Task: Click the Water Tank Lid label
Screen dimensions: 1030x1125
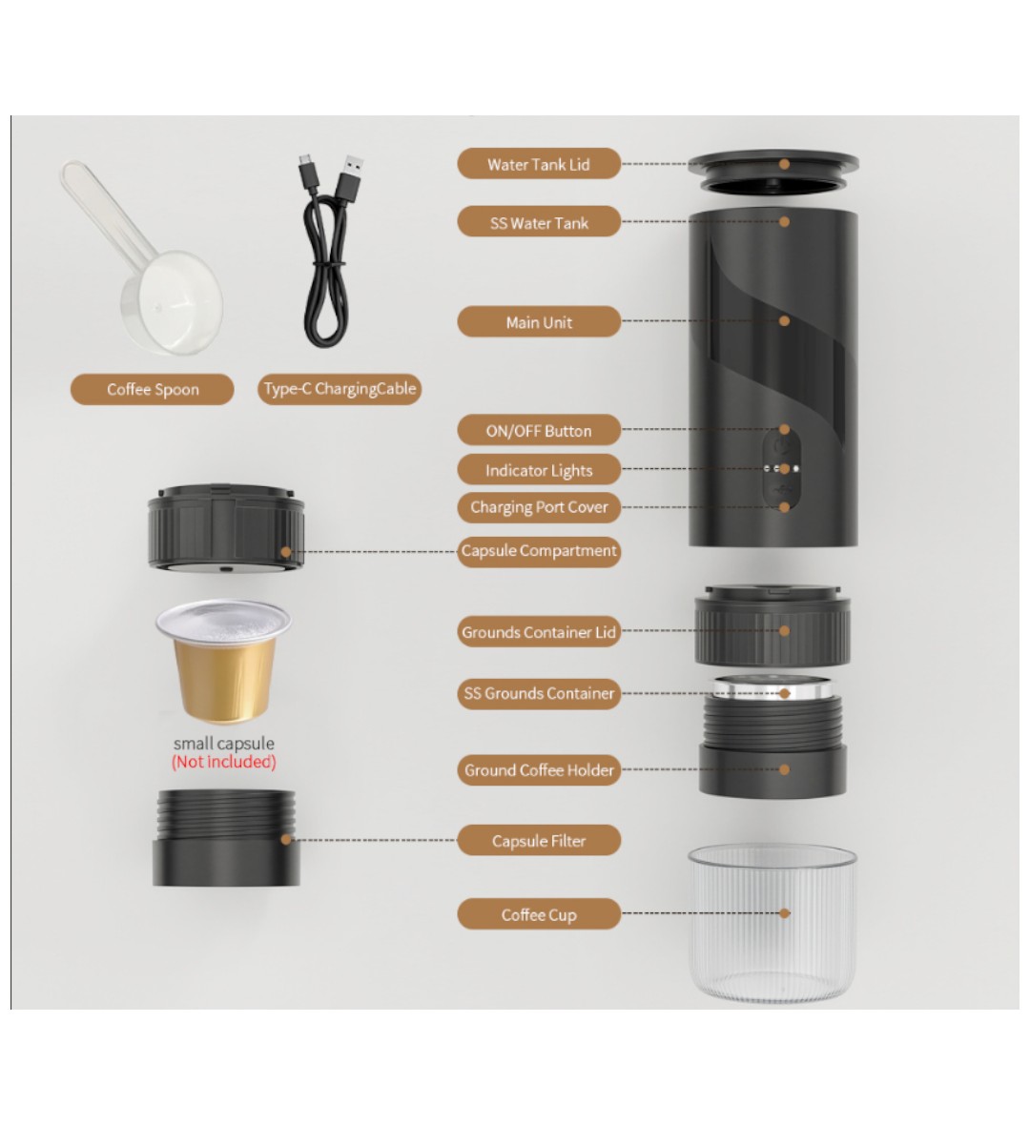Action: coord(538,164)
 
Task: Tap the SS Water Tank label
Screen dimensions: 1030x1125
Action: coord(538,222)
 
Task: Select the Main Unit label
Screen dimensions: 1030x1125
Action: coord(538,322)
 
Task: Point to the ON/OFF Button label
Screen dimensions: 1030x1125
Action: coord(538,431)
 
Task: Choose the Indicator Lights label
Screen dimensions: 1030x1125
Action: coord(538,470)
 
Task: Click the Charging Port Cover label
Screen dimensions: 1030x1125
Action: coord(538,507)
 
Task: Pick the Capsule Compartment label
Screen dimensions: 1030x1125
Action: coord(538,551)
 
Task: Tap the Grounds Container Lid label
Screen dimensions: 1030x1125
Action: coord(538,632)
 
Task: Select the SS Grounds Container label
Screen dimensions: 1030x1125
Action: coord(538,694)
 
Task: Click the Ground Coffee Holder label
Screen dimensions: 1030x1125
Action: coord(538,769)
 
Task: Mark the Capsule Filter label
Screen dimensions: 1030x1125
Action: coord(538,840)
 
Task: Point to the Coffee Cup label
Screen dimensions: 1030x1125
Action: coord(538,914)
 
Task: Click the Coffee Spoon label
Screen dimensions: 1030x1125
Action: coord(153,390)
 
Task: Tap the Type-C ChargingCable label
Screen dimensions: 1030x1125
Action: coord(340,389)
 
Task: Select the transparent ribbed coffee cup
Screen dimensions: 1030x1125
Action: coord(772,924)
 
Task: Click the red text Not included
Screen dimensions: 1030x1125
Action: coord(224,762)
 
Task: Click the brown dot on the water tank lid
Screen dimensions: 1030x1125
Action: coord(785,164)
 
